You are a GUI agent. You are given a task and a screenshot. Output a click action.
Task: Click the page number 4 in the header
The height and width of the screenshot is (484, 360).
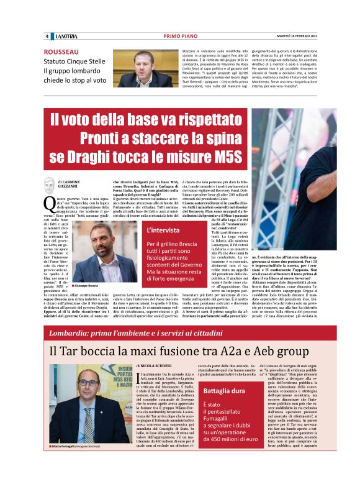[47, 37]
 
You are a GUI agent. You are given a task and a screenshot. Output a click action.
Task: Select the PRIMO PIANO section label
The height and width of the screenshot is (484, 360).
[180, 37]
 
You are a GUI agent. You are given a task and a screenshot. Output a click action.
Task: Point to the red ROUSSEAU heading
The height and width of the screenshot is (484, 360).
[61, 52]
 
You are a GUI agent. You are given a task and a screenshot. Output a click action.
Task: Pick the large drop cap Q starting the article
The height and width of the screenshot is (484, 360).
[50, 203]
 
